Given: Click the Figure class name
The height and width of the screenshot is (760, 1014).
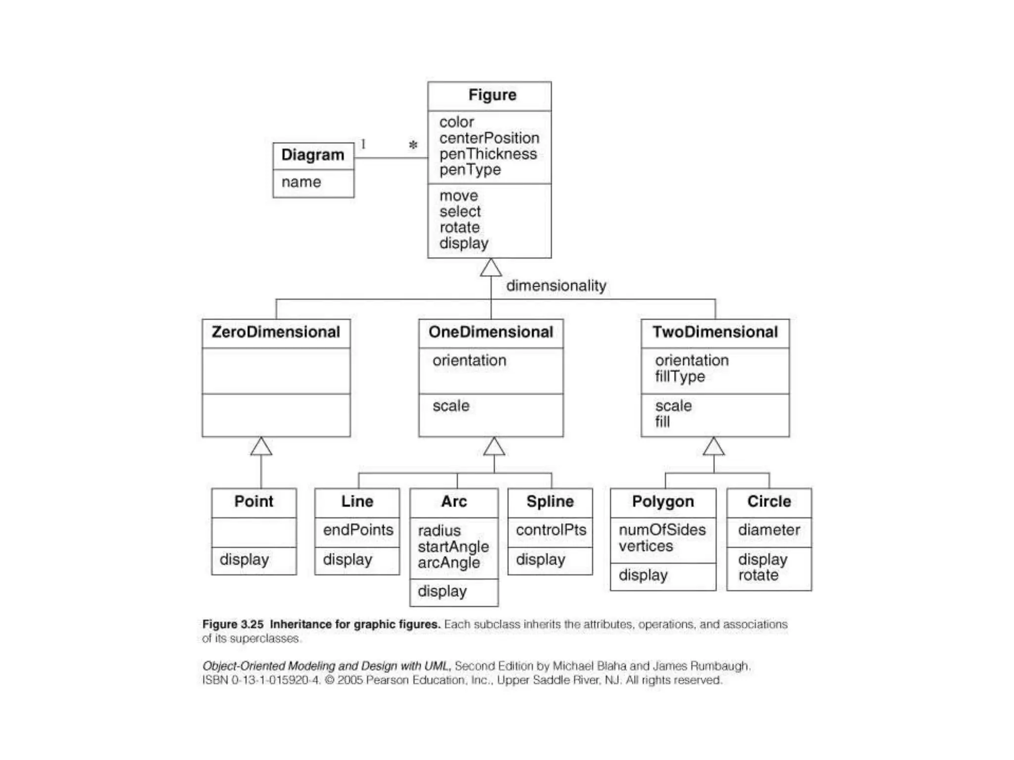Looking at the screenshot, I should click(x=492, y=95).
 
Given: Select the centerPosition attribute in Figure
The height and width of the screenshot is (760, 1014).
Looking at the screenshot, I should click(x=489, y=138).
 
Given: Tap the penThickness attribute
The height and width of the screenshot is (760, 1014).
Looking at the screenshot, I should click(x=488, y=154).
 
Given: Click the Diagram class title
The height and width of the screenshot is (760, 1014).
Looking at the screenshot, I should click(x=312, y=155).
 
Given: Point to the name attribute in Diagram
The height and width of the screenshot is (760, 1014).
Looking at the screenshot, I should click(x=301, y=182).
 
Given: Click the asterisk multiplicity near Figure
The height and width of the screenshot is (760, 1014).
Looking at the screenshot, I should click(x=413, y=145).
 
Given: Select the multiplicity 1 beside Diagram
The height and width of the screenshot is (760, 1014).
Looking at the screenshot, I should click(x=363, y=144).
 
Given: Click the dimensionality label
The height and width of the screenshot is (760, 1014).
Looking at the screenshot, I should click(x=556, y=285).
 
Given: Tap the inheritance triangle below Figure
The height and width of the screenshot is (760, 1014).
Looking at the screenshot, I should click(x=491, y=268).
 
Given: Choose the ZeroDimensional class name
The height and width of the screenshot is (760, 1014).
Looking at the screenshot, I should click(x=276, y=332).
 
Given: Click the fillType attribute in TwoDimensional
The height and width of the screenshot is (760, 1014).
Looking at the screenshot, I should click(x=680, y=377).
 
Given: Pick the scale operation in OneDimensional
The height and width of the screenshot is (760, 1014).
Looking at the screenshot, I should click(x=451, y=406).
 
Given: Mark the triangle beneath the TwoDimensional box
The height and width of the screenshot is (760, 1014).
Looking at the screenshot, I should click(x=713, y=447).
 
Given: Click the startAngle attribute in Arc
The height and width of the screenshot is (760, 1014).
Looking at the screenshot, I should click(x=453, y=547).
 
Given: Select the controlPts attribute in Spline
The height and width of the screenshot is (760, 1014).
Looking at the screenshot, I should click(x=551, y=530).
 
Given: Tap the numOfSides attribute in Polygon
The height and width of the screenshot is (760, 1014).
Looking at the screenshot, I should click(x=662, y=530).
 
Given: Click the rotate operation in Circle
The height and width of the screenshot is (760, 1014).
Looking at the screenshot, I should click(x=758, y=575).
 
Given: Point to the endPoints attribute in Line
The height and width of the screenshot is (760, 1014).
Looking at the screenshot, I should click(x=358, y=530).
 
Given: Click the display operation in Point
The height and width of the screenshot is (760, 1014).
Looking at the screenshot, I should click(x=244, y=560).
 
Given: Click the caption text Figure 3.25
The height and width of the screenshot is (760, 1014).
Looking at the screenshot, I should click(x=233, y=624).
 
